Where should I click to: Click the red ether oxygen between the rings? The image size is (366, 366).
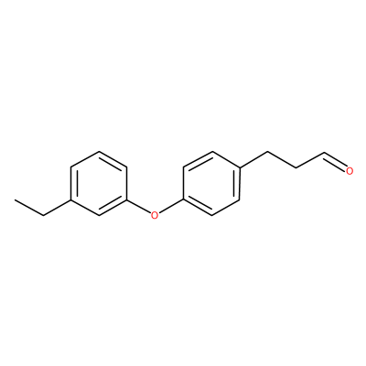tap(155, 215)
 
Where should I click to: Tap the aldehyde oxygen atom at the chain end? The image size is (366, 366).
tap(350, 171)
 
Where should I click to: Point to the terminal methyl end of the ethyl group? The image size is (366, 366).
tap(15, 199)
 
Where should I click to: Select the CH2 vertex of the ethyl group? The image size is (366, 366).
tap(43, 216)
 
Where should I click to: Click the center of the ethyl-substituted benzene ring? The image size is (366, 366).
tap(99, 183)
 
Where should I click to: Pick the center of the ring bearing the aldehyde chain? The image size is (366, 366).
tap(210, 183)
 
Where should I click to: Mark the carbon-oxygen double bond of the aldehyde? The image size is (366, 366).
tap(334, 160)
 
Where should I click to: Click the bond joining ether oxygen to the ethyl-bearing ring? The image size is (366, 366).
tap(139, 207)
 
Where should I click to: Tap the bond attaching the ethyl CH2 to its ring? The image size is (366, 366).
tap(57, 208)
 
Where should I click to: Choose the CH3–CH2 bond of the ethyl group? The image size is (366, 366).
tap(29, 208)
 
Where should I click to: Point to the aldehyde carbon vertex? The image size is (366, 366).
tap(323, 152)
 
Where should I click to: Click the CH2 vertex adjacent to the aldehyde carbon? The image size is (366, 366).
tap(295, 167)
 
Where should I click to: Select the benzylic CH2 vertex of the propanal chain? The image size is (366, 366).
tap(267, 152)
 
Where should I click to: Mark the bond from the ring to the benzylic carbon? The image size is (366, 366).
tap(253, 159)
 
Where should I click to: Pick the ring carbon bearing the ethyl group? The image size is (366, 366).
tap(71, 199)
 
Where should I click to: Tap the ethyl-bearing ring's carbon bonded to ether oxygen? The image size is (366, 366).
tap(126, 199)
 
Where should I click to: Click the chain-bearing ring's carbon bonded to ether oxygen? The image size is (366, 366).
tap(183, 199)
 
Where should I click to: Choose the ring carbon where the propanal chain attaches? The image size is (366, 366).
tap(239, 167)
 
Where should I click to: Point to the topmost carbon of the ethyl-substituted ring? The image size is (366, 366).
tap(99, 151)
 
